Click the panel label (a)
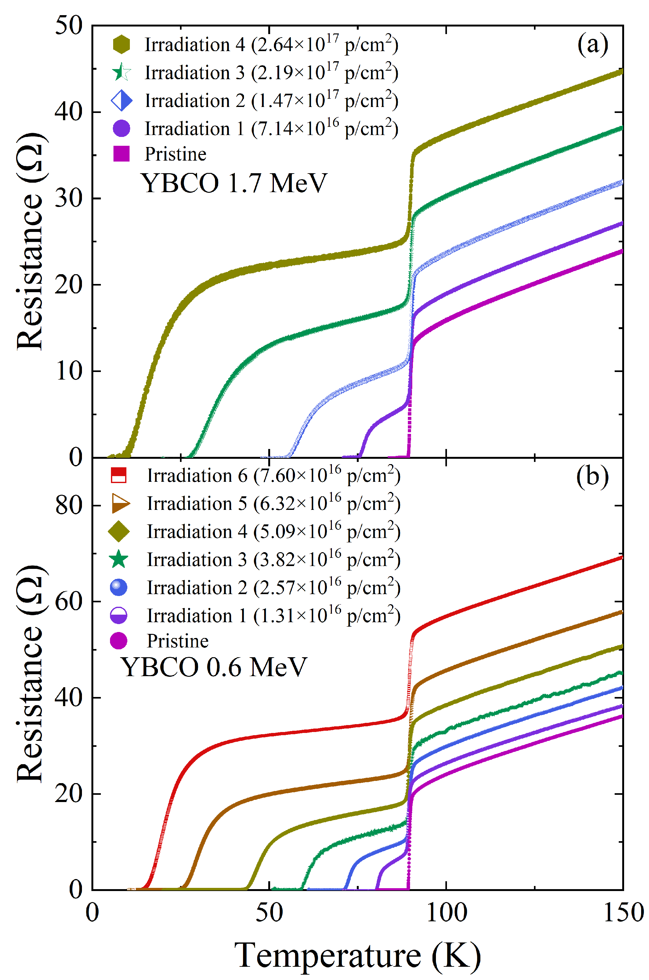pyautogui.click(x=592, y=44)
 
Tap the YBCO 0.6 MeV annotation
pyautogui.click(x=214, y=667)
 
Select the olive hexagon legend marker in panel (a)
pyautogui.click(x=121, y=44)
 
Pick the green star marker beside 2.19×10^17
pyautogui.click(x=121, y=73)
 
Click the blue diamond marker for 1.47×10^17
pyautogui.click(x=121, y=101)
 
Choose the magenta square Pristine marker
pyautogui.click(x=121, y=154)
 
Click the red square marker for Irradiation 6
pyautogui.click(x=119, y=475)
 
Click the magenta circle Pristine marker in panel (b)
pyautogui.click(x=119, y=641)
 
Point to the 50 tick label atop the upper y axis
pyautogui.click(x=69, y=26)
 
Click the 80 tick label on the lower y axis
pyautogui.click(x=69, y=505)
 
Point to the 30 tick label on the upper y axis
pyautogui.click(x=69, y=198)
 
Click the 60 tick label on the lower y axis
pyautogui.click(x=69, y=601)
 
